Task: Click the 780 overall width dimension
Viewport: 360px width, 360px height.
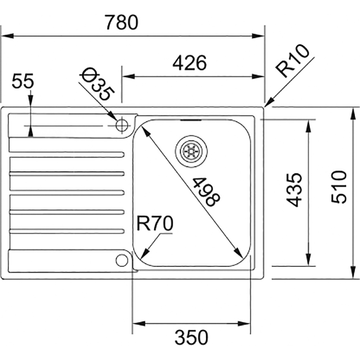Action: point(121,22)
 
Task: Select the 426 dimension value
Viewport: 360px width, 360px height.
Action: point(189,63)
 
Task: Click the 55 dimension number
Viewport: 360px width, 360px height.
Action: point(23,82)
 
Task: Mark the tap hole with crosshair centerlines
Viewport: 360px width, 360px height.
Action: point(121,125)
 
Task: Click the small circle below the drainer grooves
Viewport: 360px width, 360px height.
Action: point(121,260)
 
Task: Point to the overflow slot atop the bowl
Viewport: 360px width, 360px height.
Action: point(191,121)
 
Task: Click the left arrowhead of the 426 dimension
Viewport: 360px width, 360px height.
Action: point(127,76)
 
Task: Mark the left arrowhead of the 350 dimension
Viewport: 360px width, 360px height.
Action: point(135,323)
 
